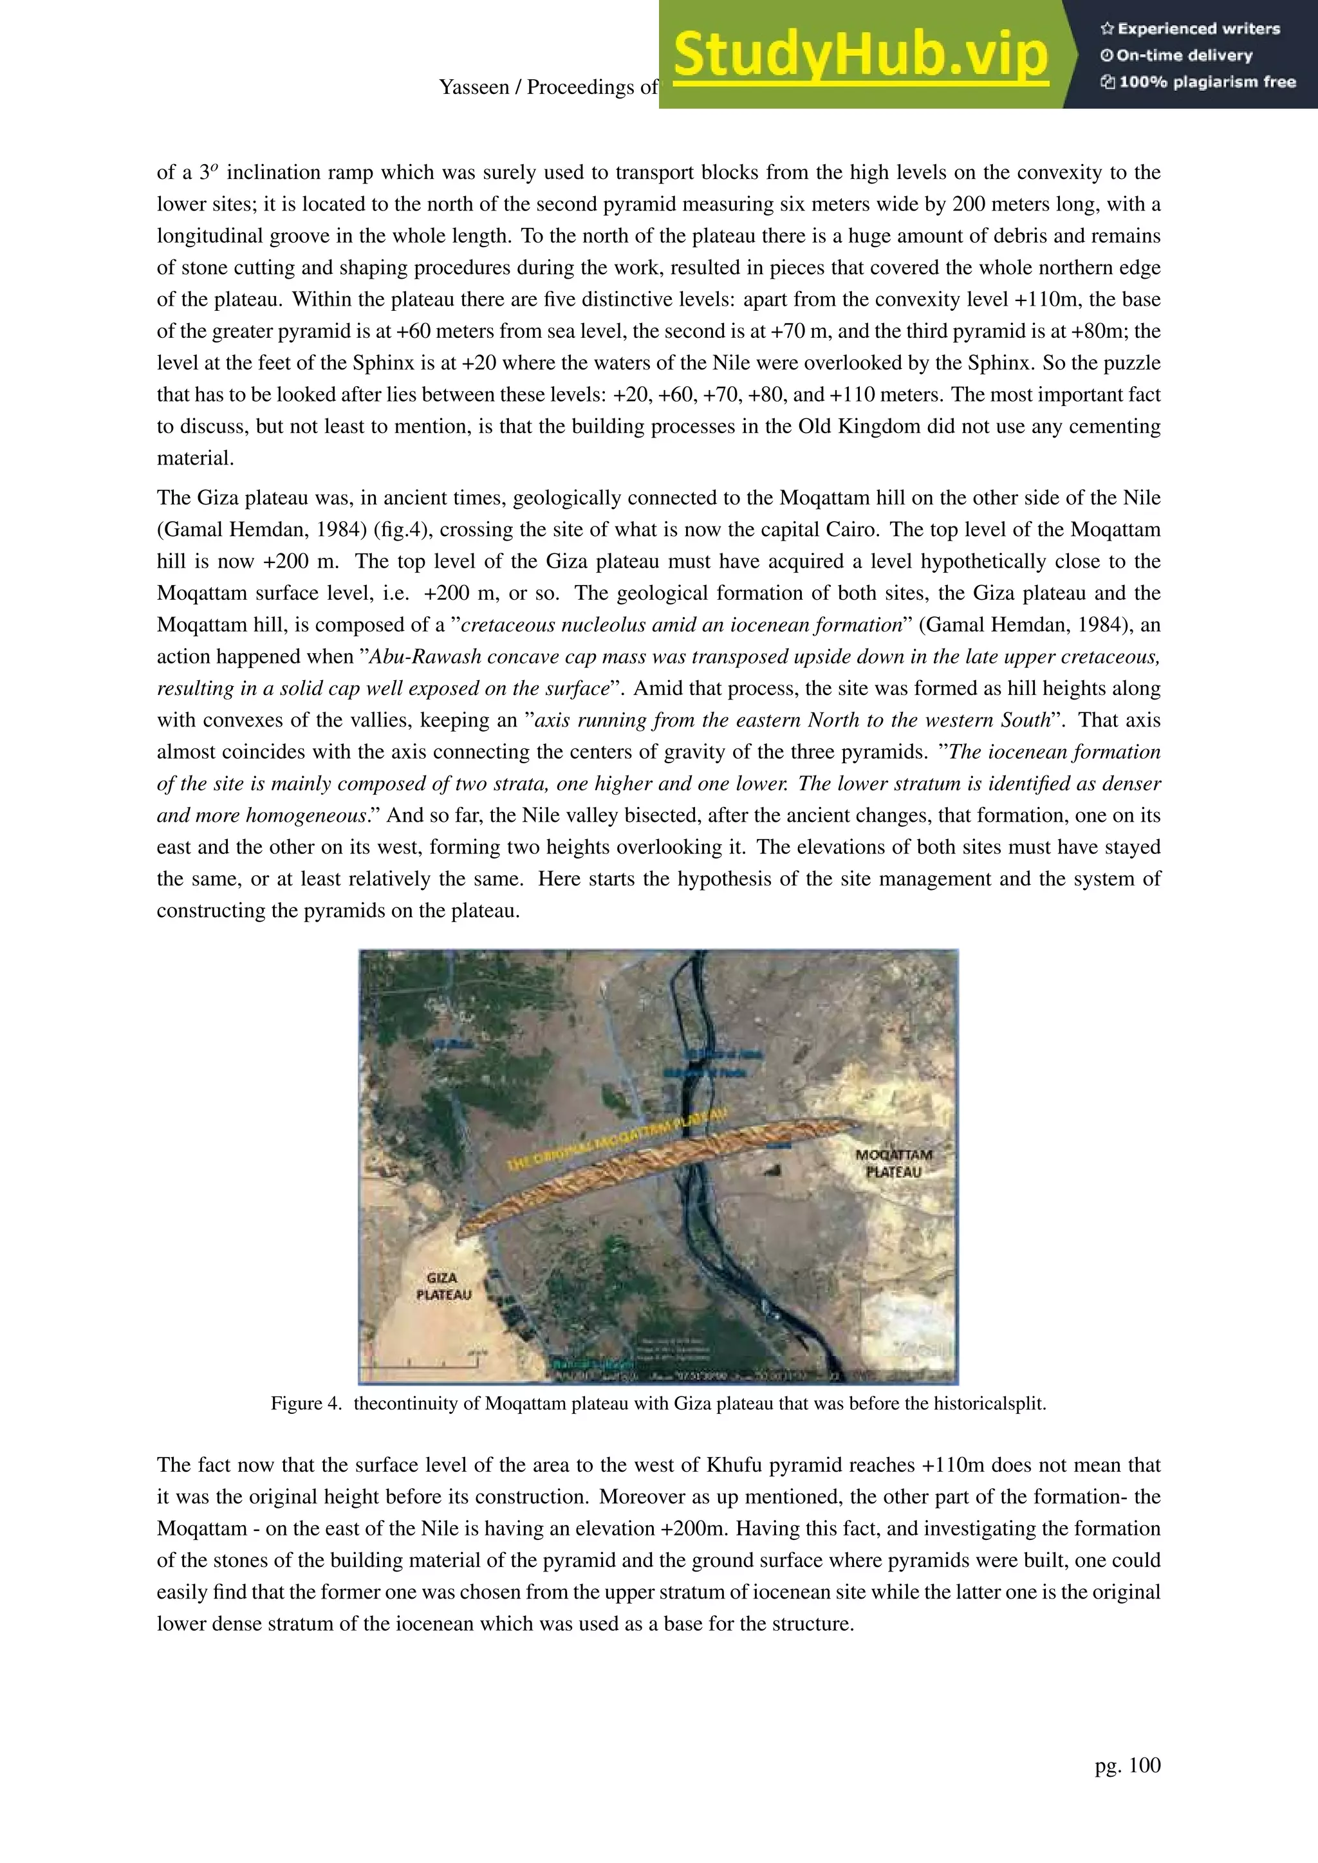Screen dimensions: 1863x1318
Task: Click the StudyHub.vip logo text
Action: point(860,55)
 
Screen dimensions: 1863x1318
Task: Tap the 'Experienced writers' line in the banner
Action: point(1190,28)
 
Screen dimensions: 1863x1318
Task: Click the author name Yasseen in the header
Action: point(472,88)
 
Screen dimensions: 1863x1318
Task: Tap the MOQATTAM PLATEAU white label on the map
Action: point(893,1163)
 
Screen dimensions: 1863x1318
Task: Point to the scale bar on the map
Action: point(422,1363)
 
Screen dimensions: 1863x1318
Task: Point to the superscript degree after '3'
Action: point(215,168)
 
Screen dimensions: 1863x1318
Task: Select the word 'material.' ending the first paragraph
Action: point(195,458)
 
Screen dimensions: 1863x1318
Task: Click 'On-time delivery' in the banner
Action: point(1177,55)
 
